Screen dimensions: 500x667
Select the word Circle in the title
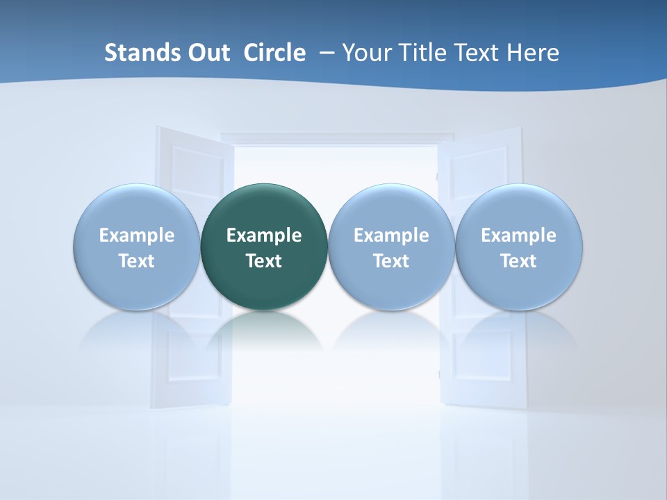click(274, 53)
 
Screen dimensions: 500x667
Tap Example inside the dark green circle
click(264, 235)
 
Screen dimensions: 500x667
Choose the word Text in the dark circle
click(264, 261)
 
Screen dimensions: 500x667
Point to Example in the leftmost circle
click(136, 235)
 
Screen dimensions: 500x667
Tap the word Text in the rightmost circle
click(519, 261)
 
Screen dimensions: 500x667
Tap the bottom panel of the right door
click(479, 361)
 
